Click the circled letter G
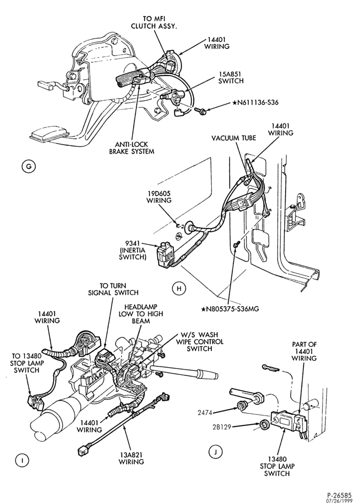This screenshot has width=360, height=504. (29, 166)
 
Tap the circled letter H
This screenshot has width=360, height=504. (179, 288)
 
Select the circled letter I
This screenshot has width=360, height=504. (22, 460)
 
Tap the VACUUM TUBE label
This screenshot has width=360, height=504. (234, 138)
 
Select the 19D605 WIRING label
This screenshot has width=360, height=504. (159, 197)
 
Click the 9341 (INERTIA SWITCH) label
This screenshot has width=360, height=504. (133, 249)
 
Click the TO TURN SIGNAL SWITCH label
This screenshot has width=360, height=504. (114, 289)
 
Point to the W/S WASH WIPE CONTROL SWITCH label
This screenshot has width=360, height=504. (199, 342)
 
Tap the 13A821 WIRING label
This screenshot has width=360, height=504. (131, 458)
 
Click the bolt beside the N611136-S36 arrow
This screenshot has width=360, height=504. (199, 111)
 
